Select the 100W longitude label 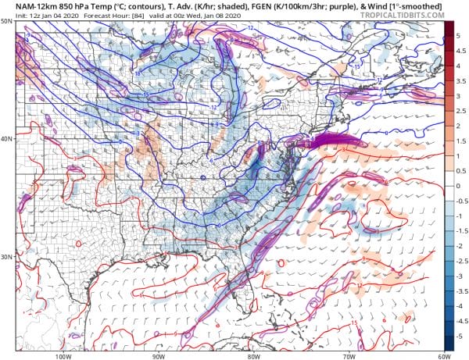pos(63,356)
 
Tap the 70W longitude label pos(347,356)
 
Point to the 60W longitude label pos(442,356)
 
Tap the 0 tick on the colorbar pos(461,186)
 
